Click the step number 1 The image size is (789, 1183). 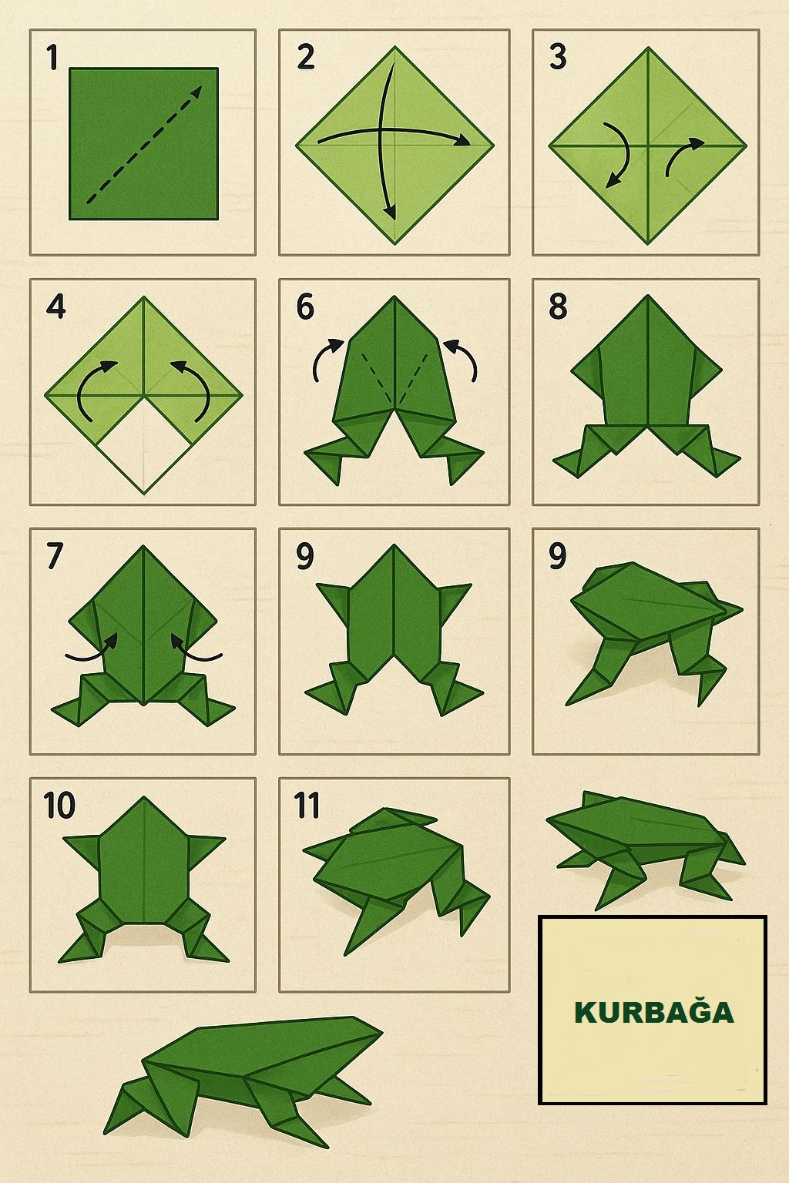click(x=52, y=58)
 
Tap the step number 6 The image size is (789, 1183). click(x=305, y=307)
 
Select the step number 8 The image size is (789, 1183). click(x=558, y=307)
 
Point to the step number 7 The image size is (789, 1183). click(x=55, y=557)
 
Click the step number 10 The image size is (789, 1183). click(x=59, y=806)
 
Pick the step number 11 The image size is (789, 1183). click(x=307, y=806)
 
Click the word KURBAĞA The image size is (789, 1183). click(x=653, y=1013)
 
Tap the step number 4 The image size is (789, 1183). click(x=55, y=307)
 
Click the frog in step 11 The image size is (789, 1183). click(x=396, y=876)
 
